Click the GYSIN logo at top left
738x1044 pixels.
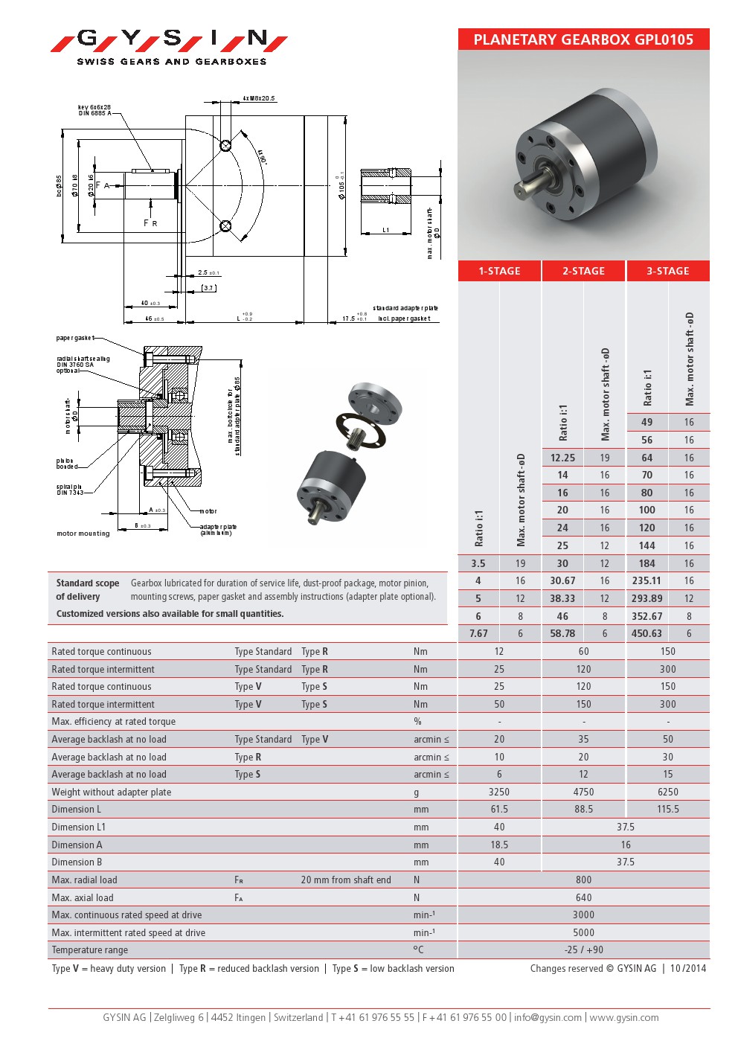point(170,45)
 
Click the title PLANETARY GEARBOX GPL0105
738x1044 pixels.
point(583,39)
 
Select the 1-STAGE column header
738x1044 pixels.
point(499,271)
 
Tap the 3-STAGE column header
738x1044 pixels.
point(667,271)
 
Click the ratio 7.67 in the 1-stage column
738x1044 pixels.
point(478,633)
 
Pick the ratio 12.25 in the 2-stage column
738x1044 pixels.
point(562,458)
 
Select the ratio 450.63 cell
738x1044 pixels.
point(646,633)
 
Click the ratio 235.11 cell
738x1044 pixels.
point(646,580)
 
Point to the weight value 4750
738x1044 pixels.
point(583,792)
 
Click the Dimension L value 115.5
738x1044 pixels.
point(667,809)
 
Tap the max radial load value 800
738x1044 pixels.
point(583,880)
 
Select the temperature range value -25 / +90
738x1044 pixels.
point(583,949)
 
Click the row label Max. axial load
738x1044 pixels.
point(83,897)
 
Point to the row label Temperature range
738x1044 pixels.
point(89,949)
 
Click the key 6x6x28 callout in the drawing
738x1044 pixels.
point(94,110)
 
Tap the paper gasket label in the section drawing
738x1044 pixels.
point(75,339)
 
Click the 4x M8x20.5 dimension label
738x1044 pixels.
point(259,98)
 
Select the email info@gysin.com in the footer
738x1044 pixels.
point(548,1017)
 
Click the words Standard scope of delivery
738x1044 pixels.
point(87,589)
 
